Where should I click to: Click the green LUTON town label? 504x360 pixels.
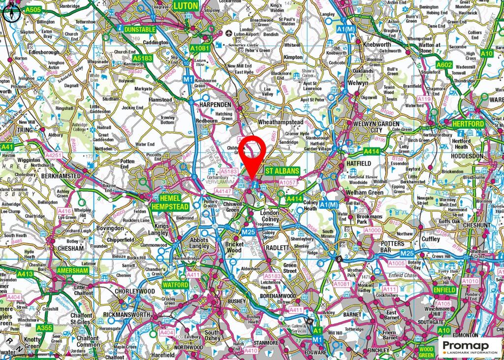186,6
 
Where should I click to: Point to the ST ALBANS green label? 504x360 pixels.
282,171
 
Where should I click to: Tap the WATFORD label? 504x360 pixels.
176,285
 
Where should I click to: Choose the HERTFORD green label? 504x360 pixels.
468,124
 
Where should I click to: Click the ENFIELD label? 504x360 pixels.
445,291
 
